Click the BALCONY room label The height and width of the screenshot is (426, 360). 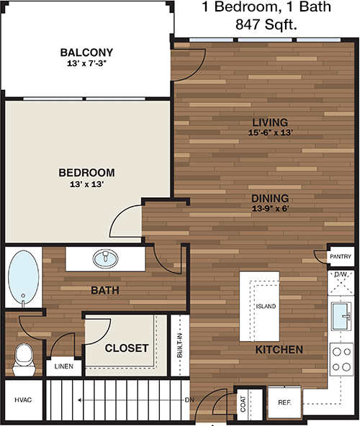86,52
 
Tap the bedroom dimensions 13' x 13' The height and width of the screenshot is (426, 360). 86,184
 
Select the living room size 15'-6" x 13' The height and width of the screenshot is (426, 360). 270,132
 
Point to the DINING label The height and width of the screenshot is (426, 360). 270,199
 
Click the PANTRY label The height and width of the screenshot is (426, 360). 341,256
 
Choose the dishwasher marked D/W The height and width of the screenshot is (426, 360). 341,283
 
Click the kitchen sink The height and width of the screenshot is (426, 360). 341,317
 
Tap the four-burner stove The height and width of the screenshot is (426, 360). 342,360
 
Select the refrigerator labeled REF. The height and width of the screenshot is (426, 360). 284,402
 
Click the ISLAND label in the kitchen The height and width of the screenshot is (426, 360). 266,307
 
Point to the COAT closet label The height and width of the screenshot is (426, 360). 243,404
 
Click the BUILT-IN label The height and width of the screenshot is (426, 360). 179,345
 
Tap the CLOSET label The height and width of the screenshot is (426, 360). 127,348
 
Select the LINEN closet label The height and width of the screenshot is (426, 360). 63,366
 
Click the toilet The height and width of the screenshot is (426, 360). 24,360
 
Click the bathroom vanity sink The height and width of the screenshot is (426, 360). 105,258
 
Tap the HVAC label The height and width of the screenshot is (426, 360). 23,400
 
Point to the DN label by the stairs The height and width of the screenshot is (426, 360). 189,400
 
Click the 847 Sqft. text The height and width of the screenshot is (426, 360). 266,24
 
